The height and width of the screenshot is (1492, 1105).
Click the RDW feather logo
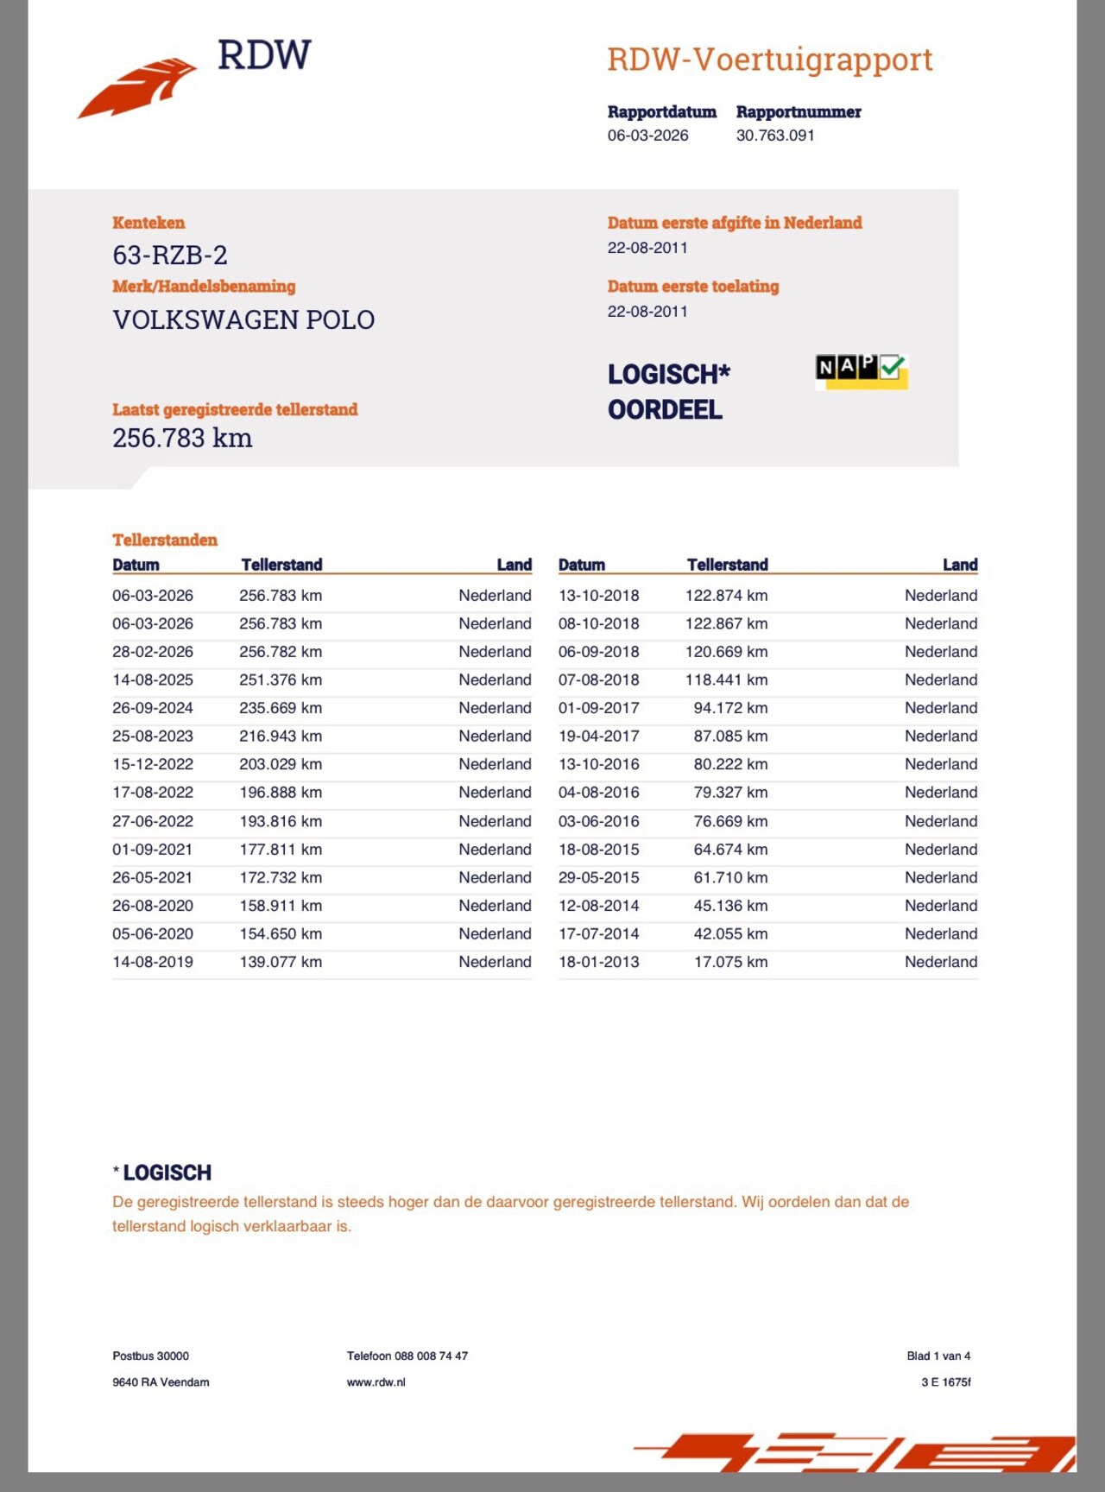tap(138, 87)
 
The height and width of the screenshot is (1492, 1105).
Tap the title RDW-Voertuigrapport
tap(769, 60)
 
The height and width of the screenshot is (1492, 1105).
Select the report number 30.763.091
tap(774, 136)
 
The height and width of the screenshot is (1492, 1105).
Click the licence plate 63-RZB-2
tap(170, 256)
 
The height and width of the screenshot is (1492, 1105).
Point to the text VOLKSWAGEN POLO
tap(243, 320)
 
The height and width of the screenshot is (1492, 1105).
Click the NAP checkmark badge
tap(861, 370)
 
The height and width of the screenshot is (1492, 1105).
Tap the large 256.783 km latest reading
tap(182, 439)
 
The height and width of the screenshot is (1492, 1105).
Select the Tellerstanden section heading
tap(165, 541)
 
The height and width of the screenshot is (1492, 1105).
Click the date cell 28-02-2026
tap(153, 652)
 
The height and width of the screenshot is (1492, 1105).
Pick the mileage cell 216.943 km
tap(281, 737)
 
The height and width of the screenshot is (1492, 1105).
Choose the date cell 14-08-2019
tap(153, 962)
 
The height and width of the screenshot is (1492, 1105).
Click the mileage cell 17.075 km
tap(730, 962)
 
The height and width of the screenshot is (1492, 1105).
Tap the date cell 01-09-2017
tap(598, 708)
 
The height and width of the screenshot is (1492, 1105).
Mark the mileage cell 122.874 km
tap(726, 596)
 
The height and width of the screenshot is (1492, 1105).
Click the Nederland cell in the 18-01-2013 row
tap(941, 962)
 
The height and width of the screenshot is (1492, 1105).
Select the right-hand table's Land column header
tap(960, 565)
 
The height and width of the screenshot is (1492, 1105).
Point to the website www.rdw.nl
tap(376, 1382)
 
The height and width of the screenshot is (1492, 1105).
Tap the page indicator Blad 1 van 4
tap(938, 1356)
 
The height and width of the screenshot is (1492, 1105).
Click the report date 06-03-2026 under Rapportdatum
tap(647, 136)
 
